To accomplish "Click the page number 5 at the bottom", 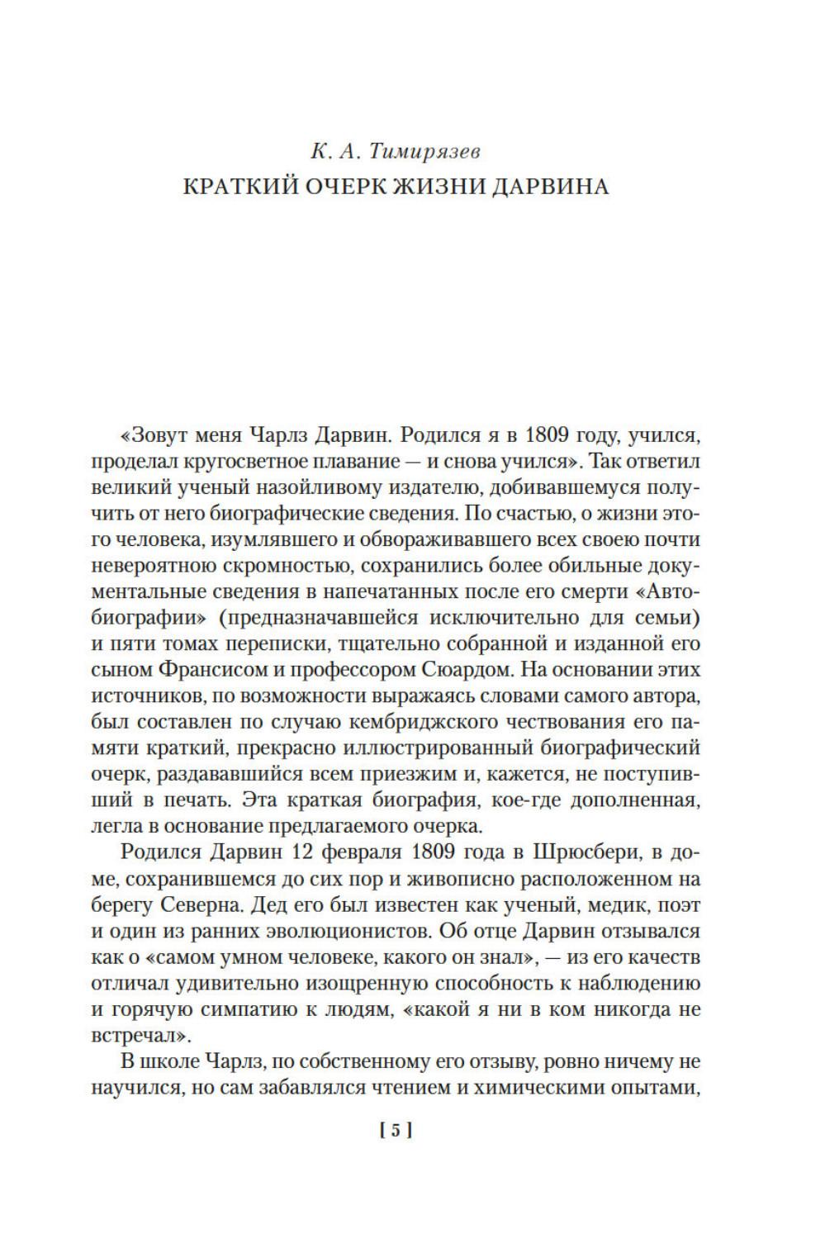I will [395, 1131].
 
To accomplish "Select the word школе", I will [175, 1061].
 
